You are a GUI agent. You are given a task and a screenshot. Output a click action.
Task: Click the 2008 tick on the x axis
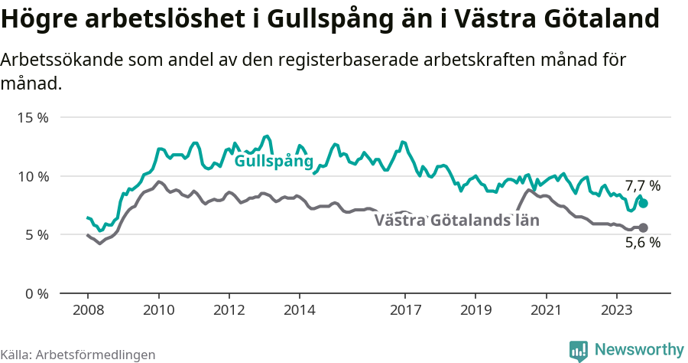coord(88,310)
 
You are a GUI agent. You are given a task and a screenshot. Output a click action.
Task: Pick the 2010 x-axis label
coord(158,310)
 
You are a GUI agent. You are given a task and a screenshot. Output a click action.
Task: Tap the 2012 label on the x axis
coord(229,310)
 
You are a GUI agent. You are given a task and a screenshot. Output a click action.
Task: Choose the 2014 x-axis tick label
coord(299,310)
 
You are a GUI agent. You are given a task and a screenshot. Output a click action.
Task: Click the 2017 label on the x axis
coord(405,310)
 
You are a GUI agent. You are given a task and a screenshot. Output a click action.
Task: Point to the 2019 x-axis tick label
coord(475,310)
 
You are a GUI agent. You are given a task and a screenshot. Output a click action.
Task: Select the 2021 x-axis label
coord(546,310)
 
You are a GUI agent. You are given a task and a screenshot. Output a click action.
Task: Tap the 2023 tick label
coord(616,310)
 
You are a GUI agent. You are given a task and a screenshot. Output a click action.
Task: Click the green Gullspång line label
coord(274,162)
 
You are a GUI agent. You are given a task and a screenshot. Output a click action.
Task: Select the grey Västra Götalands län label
coord(456,221)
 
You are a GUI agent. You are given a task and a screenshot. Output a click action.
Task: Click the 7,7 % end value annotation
coord(642,186)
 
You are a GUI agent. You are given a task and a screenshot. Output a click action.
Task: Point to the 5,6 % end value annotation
coord(642,243)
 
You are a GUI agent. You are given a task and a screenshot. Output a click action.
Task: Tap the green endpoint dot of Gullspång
coord(643,204)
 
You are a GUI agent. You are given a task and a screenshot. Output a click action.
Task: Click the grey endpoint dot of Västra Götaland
coord(643,227)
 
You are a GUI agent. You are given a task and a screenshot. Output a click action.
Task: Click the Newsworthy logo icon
coord(579,350)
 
